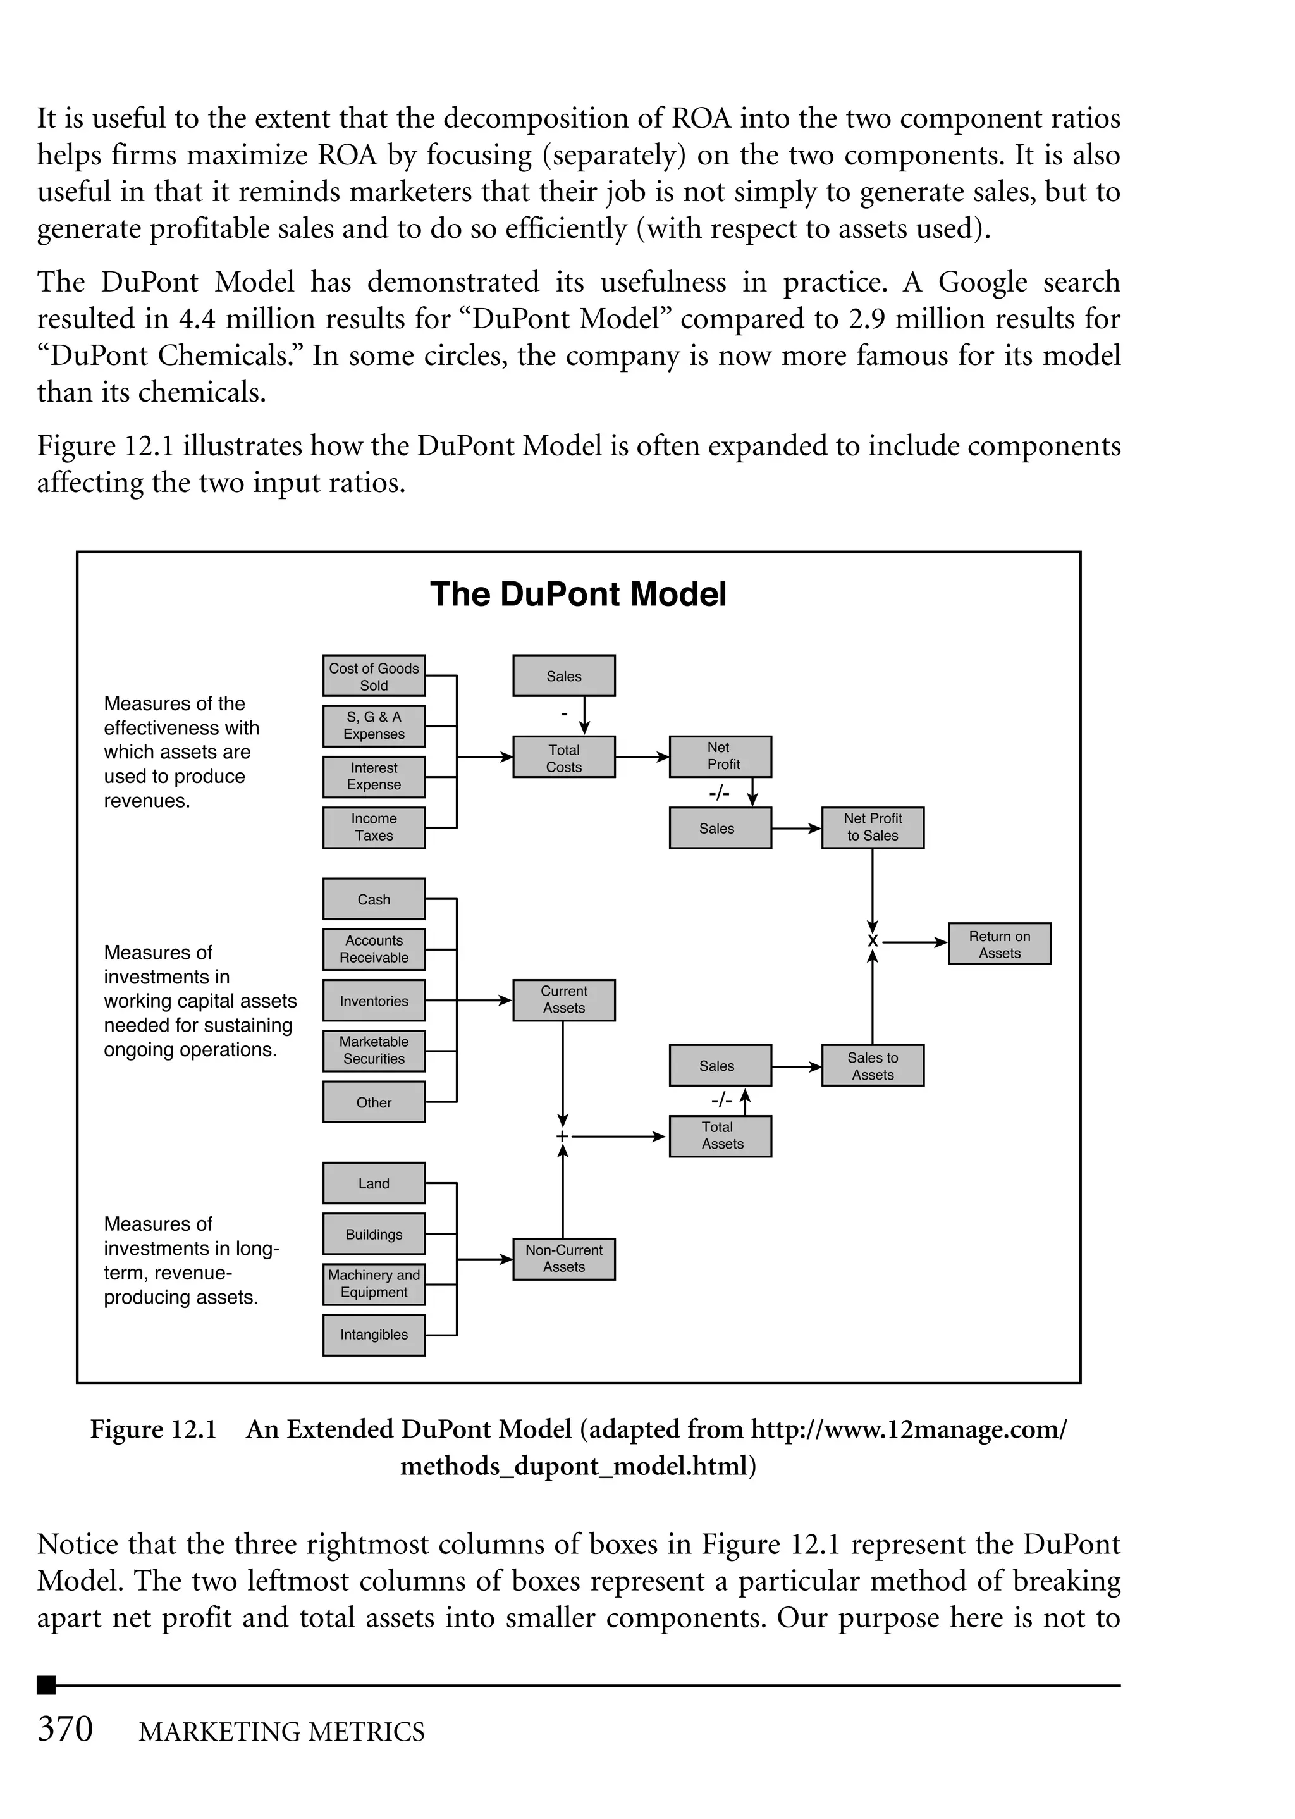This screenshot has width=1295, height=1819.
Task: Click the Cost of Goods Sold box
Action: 373,676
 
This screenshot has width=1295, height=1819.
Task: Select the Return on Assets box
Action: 999,944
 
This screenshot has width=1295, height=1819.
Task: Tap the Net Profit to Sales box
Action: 873,828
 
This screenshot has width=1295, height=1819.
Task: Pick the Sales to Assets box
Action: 873,1065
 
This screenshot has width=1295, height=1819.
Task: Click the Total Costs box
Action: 564,758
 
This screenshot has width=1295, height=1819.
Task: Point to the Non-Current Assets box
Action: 564,1259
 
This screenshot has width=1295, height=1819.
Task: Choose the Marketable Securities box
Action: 373,1051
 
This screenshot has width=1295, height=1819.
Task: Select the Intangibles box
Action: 373,1335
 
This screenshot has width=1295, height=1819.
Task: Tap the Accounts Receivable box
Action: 373,949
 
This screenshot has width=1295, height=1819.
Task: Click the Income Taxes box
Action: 373,828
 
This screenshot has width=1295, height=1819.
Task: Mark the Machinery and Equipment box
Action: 373,1284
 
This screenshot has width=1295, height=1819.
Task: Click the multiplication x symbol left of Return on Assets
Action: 873,942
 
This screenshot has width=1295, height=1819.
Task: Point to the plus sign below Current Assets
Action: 563,1137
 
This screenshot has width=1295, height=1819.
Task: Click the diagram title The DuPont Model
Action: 578,595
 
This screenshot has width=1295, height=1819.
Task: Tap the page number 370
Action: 65,1729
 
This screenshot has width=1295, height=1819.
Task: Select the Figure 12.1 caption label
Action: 153,1429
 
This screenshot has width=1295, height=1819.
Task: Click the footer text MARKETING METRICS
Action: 281,1731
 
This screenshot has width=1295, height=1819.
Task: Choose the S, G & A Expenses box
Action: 373,725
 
